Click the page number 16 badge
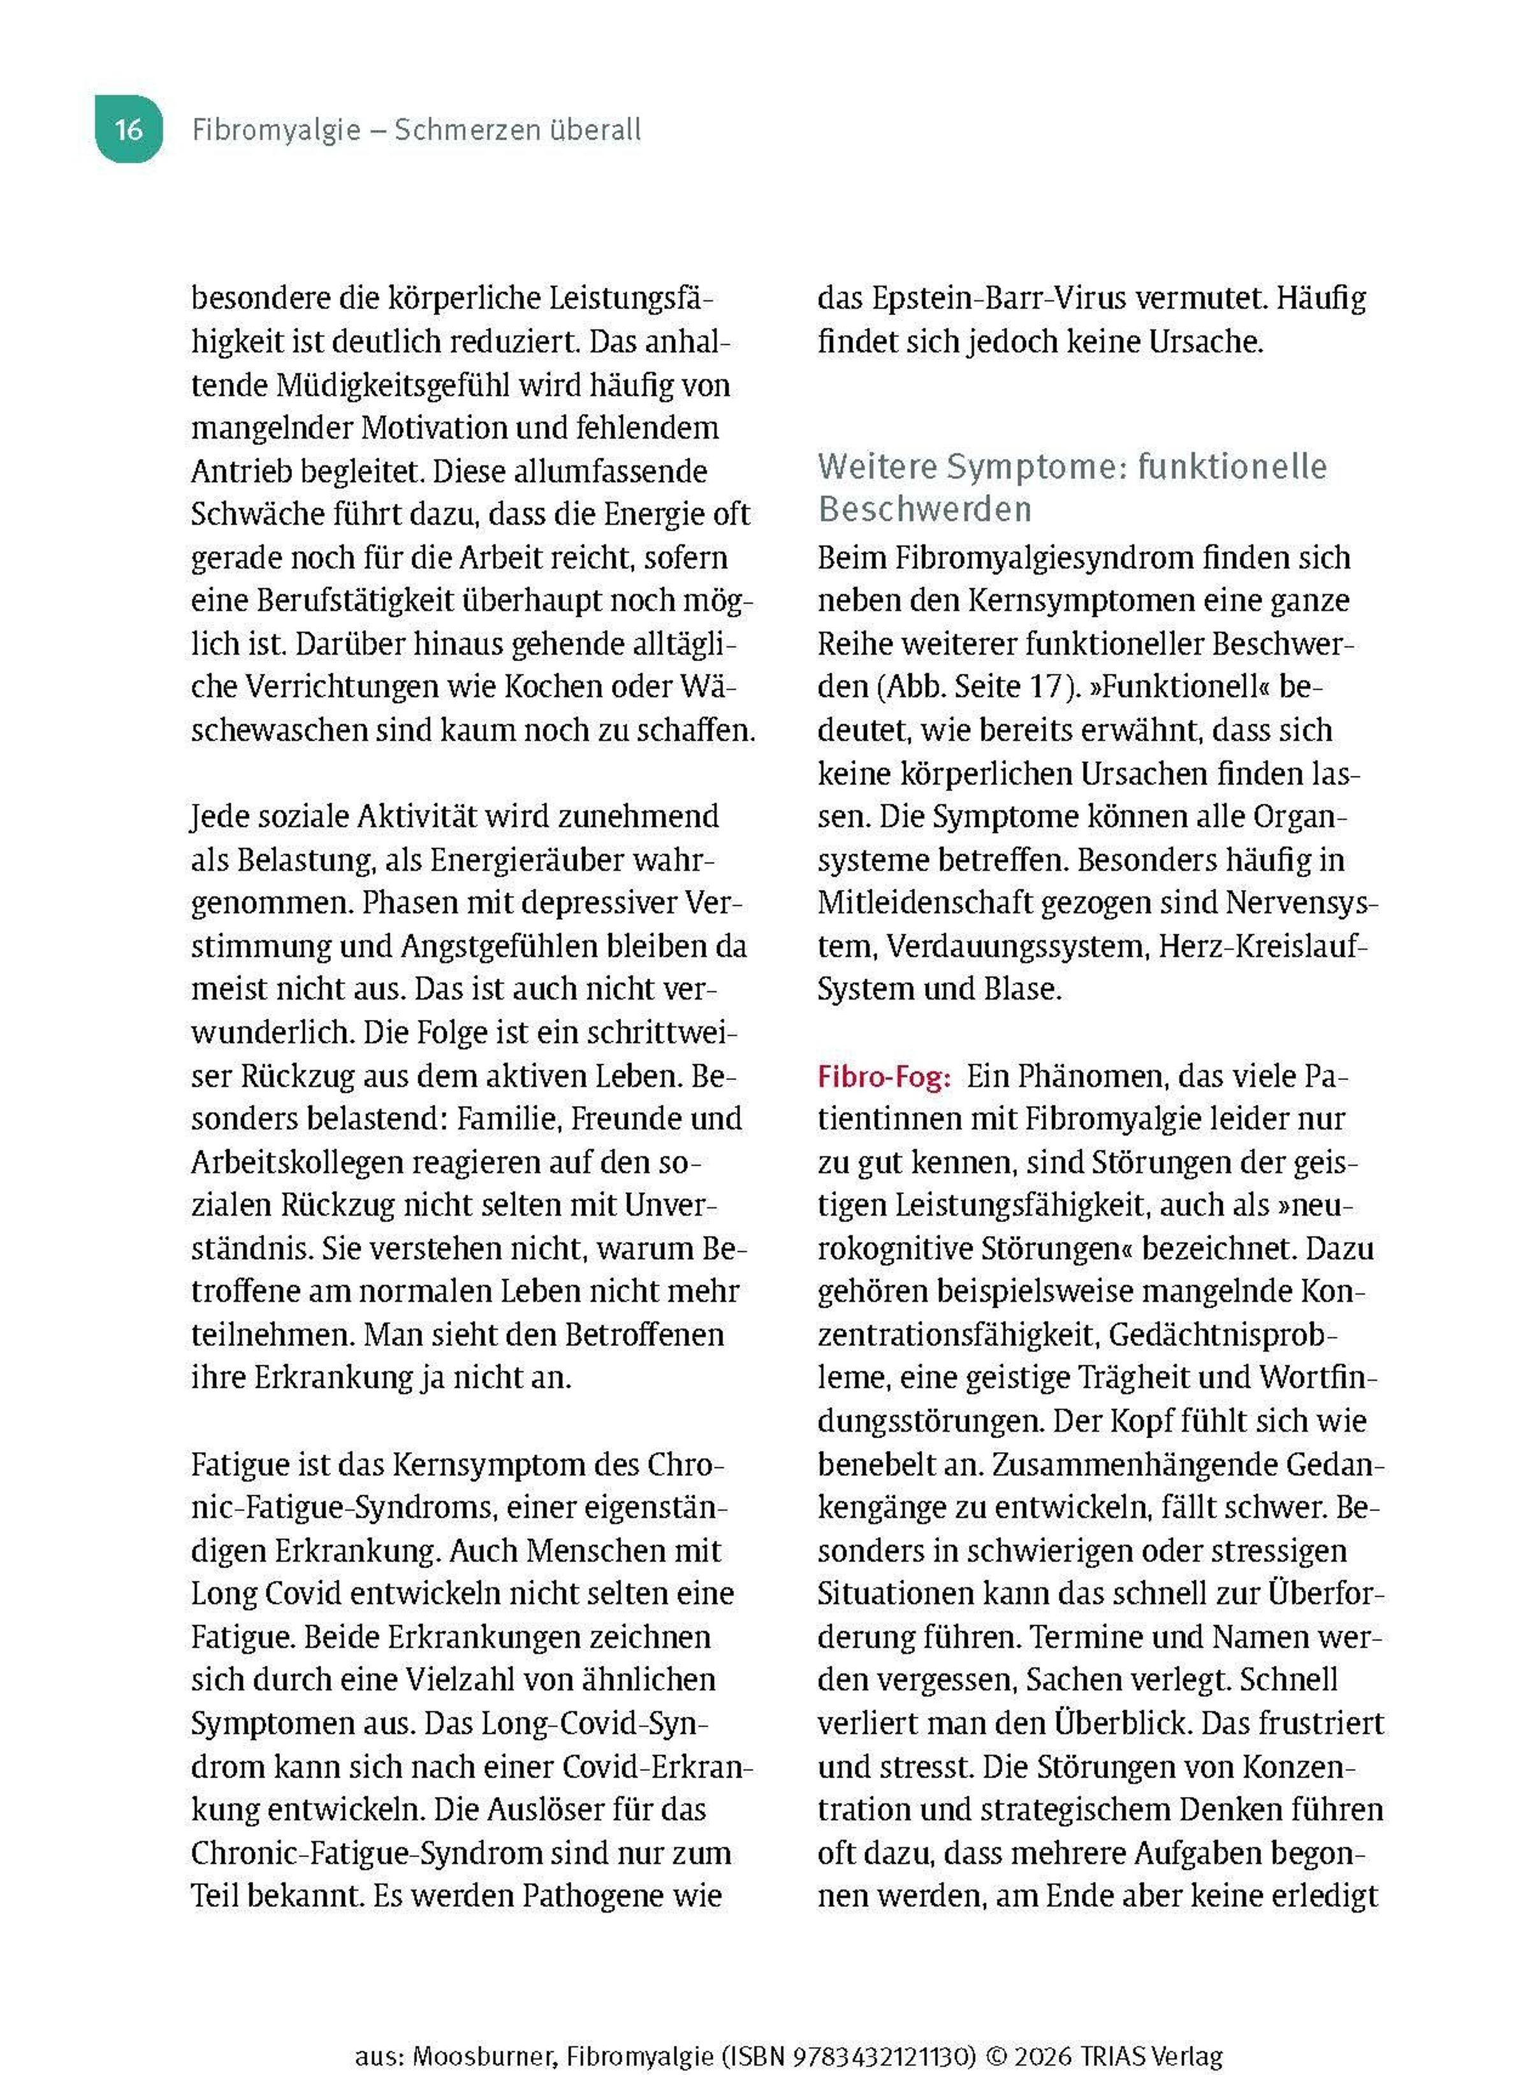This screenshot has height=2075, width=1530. [129, 129]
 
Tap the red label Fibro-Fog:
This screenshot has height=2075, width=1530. [884, 1076]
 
